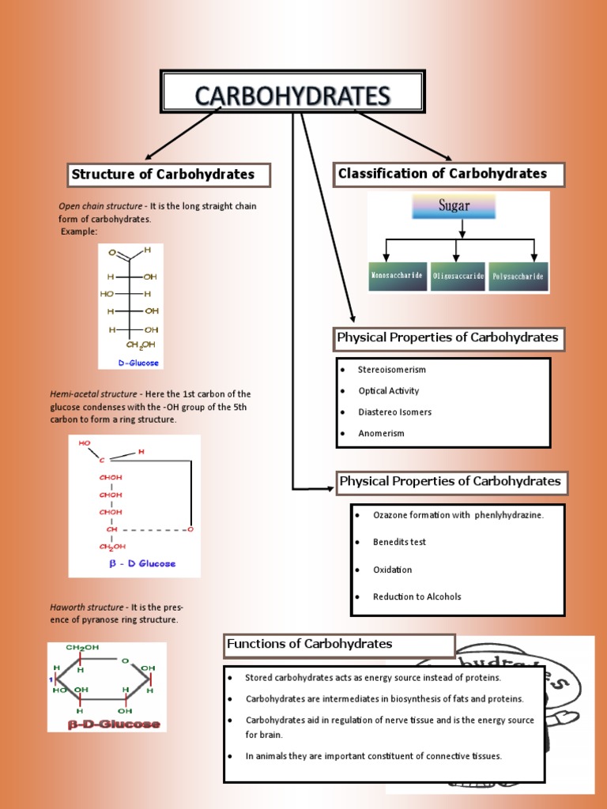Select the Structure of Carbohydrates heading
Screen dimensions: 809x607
coord(164,175)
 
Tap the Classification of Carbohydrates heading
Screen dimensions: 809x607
coord(443,174)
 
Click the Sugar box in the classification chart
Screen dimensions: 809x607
coord(454,206)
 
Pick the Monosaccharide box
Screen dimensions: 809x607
coord(398,277)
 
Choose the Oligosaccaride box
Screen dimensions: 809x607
coord(458,277)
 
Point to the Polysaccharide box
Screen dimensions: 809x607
coord(518,277)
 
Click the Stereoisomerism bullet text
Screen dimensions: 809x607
coord(391,370)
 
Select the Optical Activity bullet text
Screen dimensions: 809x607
coord(388,391)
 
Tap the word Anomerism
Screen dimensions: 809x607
coord(381,434)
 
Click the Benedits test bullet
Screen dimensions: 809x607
coord(399,543)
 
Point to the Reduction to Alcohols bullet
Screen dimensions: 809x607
coord(417,597)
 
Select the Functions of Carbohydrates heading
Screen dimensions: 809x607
coord(310,645)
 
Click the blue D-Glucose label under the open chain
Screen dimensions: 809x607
coord(139,363)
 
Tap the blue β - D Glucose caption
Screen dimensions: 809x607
coord(142,564)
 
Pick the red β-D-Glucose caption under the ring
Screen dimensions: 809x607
coord(114,724)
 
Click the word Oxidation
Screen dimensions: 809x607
coord(392,570)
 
